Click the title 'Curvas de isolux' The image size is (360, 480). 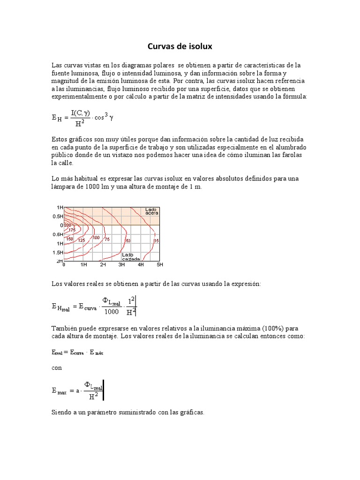pos(180,46)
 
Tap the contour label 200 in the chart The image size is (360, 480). pos(67,225)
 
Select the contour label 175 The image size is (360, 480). pos(72,230)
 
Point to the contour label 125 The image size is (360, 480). pos(81,240)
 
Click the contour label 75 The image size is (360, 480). pos(107,240)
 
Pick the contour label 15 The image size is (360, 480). pos(157,240)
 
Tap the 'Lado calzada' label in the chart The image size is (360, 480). pos(129,257)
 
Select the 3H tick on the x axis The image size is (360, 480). pos(121,265)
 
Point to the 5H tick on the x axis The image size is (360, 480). pos(159,265)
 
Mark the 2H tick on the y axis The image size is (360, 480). pos(60,261)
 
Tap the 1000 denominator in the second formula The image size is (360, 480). pos(112,312)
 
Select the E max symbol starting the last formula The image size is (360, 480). pos(59,391)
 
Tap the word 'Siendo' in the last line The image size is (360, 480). pos(62,413)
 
